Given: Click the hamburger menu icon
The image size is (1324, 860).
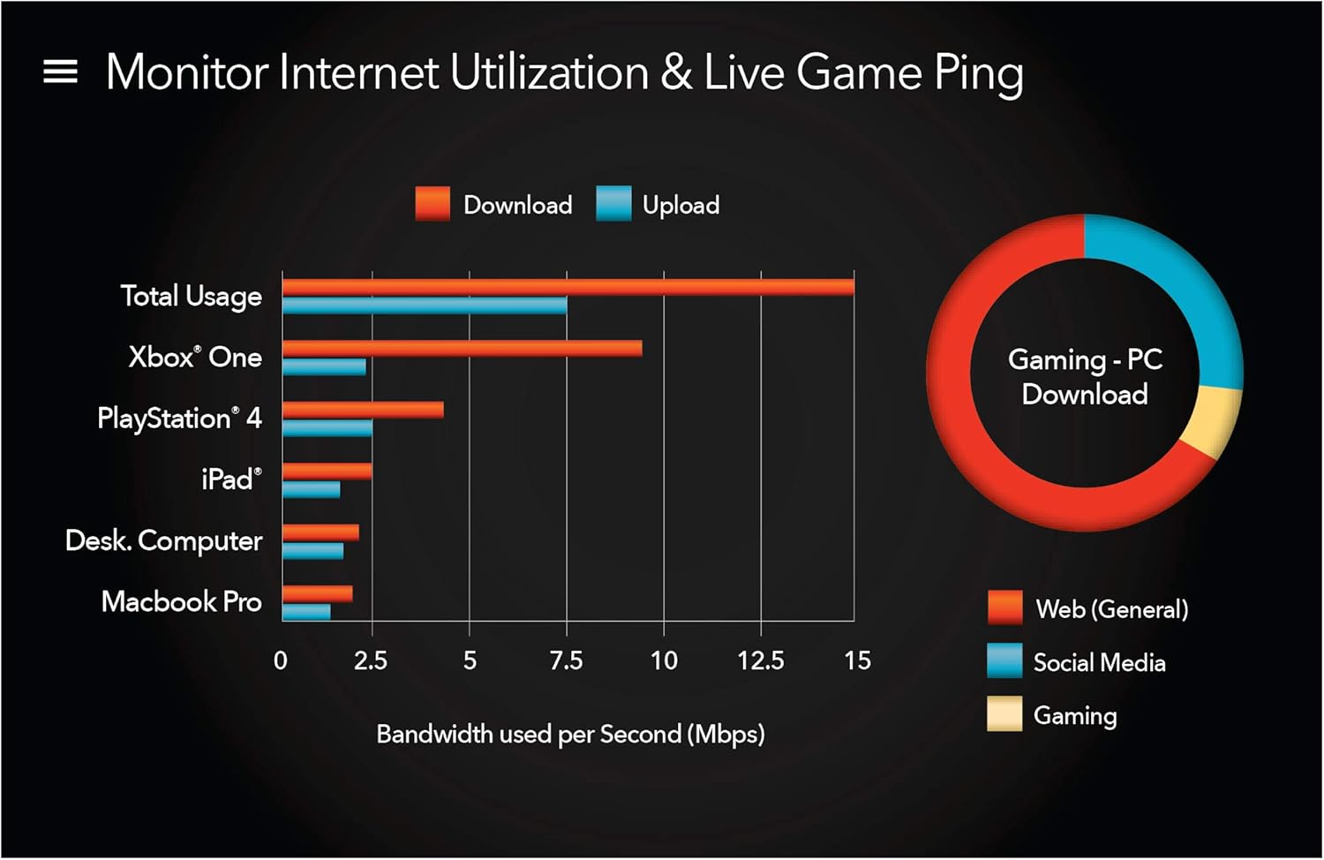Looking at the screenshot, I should (x=60, y=72).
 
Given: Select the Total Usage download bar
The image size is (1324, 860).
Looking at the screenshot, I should (x=568, y=287).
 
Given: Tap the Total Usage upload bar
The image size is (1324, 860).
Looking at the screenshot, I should (x=425, y=306).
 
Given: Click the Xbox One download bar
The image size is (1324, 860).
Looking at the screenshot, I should (x=462, y=348).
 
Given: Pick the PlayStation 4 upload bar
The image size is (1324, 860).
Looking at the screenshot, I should (x=327, y=428).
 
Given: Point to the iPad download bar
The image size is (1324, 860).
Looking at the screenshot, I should (x=327, y=471).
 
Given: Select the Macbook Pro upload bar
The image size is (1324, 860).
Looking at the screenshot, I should (x=306, y=611).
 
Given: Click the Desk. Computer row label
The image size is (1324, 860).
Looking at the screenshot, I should (x=164, y=540).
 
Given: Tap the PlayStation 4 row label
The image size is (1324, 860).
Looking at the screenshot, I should (x=179, y=418).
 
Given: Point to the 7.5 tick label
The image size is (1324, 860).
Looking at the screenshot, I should (x=566, y=660).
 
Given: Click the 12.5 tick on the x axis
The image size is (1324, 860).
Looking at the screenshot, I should (x=761, y=660).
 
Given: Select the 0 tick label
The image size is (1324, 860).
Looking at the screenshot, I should (x=281, y=660).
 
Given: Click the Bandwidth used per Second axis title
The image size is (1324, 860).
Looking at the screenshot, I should (x=570, y=734).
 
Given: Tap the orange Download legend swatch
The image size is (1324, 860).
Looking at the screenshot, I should (x=433, y=204).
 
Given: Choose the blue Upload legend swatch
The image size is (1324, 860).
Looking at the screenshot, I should (x=613, y=204).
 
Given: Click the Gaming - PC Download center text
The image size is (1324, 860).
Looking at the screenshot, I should (x=1085, y=376).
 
